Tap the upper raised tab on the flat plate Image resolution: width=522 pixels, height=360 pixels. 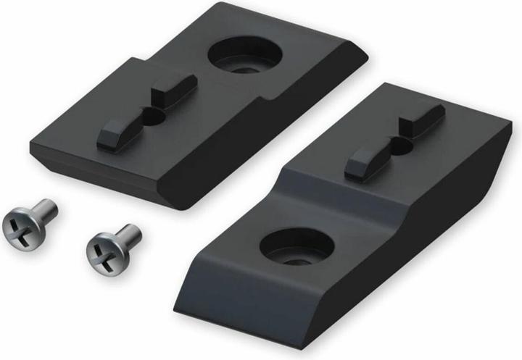pyautogui.click(x=174, y=89)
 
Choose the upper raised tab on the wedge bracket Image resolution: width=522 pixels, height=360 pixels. pyautogui.click(x=422, y=120)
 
